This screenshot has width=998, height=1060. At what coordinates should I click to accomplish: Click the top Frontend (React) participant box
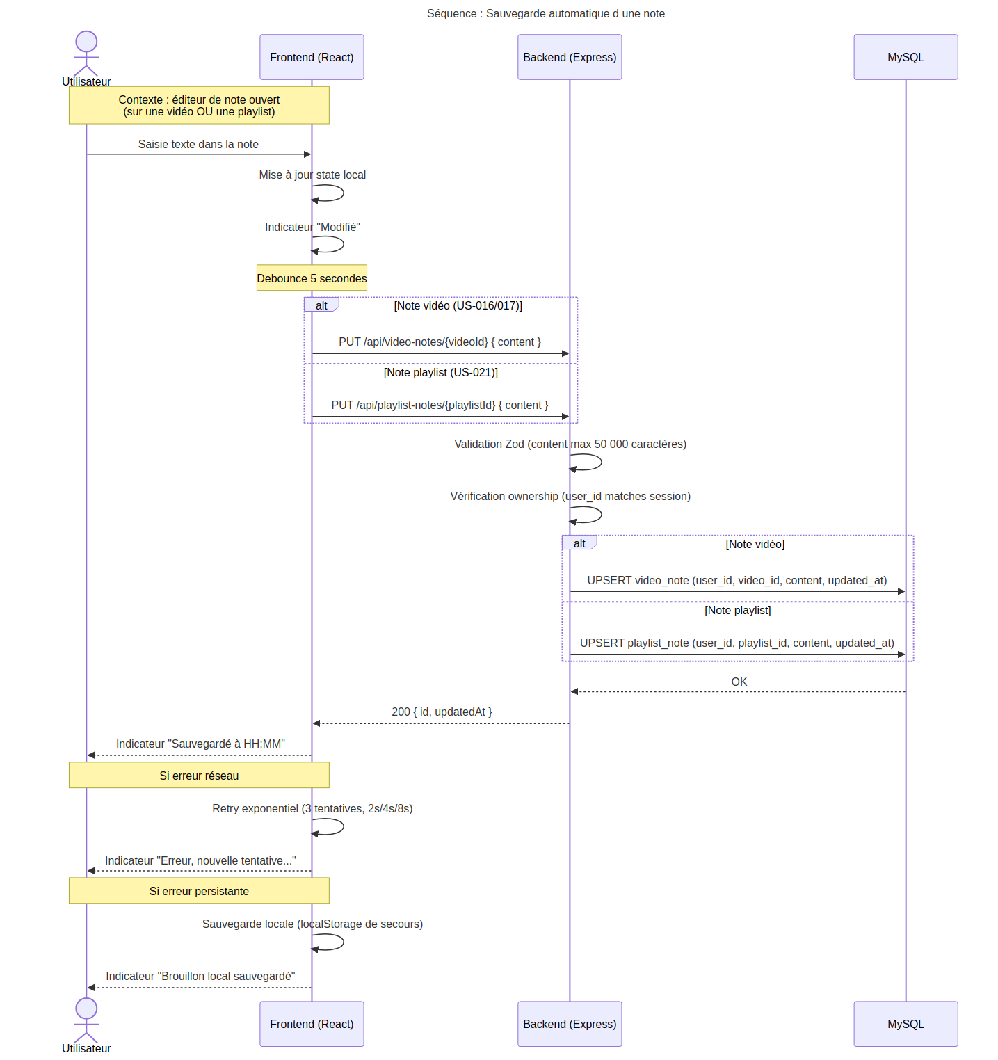[312, 57]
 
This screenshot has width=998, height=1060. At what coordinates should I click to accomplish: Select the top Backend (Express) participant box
[570, 57]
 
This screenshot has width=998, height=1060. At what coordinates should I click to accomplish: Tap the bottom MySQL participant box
[906, 1024]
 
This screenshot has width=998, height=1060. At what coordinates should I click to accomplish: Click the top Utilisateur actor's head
[86, 41]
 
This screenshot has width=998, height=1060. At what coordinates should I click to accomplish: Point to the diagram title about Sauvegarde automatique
[546, 13]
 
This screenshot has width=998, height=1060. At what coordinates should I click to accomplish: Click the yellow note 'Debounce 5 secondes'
[312, 278]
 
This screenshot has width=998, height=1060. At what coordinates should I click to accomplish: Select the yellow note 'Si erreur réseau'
[199, 775]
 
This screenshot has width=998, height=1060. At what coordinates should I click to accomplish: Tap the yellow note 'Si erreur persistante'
[199, 890]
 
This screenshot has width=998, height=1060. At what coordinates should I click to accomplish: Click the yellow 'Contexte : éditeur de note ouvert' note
[199, 105]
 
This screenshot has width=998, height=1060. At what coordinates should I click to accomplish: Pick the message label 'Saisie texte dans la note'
[198, 144]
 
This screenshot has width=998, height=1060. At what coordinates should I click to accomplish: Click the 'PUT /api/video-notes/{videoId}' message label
[440, 342]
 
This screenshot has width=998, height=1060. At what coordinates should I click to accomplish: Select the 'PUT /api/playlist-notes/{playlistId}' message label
[440, 405]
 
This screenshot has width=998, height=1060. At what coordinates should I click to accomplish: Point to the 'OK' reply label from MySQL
[739, 682]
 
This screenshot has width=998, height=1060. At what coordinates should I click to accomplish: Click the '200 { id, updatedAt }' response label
[442, 712]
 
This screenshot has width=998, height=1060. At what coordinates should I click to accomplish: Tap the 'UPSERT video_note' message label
[737, 580]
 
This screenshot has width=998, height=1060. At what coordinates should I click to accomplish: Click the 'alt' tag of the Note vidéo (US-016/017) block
[321, 305]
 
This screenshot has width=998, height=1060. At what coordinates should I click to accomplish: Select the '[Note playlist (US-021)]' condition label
[441, 372]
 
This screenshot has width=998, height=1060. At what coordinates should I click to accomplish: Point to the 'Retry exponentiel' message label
[312, 808]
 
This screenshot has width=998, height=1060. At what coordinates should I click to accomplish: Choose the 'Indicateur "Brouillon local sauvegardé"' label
[200, 976]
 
